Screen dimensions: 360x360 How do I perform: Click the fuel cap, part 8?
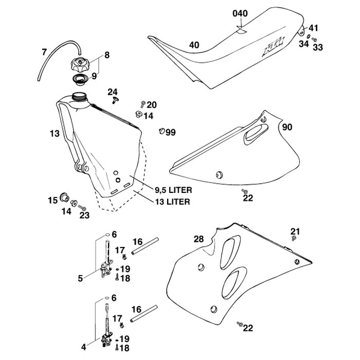pyautogui.click(x=79, y=64)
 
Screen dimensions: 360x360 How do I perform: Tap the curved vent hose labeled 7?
pyautogui.click(x=52, y=51)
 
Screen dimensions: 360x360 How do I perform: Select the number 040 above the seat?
pyautogui.click(x=240, y=13)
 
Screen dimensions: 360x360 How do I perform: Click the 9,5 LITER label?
pyautogui.click(x=174, y=190)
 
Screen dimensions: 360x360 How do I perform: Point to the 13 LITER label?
pyautogui.click(x=173, y=202)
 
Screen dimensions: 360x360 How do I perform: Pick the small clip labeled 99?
pyautogui.click(x=161, y=131)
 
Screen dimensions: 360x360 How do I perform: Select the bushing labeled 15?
pyautogui.click(x=64, y=197)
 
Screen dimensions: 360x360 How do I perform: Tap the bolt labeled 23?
pyautogui.click(x=82, y=208)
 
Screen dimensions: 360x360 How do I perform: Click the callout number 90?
pyautogui.click(x=287, y=127)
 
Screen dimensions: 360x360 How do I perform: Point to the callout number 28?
pyautogui.click(x=199, y=239)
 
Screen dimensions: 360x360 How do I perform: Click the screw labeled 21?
pyautogui.click(x=294, y=238)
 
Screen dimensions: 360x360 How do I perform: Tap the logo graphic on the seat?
pyautogui.click(x=274, y=47)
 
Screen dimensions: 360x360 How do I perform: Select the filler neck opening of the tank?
pyautogui.click(x=79, y=96)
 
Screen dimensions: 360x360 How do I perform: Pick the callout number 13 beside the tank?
pyautogui.click(x=55, y=133)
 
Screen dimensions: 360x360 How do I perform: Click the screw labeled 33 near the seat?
pyautogui.click(x=314, y=40)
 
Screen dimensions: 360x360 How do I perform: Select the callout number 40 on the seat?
pyautogui.click(x=194, y=45)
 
